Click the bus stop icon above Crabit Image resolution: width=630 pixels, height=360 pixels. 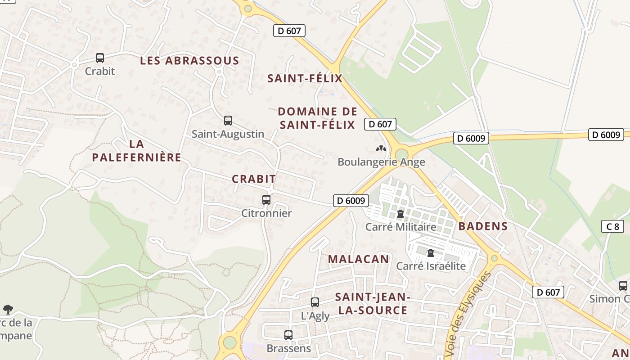100,58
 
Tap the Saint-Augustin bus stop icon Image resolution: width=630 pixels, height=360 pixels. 228,121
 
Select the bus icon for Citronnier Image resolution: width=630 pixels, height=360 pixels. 266,200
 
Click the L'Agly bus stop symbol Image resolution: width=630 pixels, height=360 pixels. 315,302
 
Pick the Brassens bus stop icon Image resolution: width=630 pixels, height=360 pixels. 288,335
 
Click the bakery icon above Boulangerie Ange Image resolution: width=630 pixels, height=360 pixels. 381,148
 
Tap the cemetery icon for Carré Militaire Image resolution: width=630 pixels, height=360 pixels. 400,214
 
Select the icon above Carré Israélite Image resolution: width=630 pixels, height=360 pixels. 431,253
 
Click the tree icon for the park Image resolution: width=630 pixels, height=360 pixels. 8,309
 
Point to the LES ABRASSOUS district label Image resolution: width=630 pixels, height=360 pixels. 189,61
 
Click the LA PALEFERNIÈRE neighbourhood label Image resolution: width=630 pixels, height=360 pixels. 136,151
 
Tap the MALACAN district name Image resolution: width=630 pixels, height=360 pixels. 358,259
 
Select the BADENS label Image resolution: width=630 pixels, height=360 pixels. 483,226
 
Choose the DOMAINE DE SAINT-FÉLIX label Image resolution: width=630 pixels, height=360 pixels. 317,118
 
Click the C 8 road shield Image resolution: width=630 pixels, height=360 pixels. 612,226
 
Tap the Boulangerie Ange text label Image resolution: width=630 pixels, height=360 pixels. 381,162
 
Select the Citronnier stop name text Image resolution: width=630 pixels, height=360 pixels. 266,213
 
